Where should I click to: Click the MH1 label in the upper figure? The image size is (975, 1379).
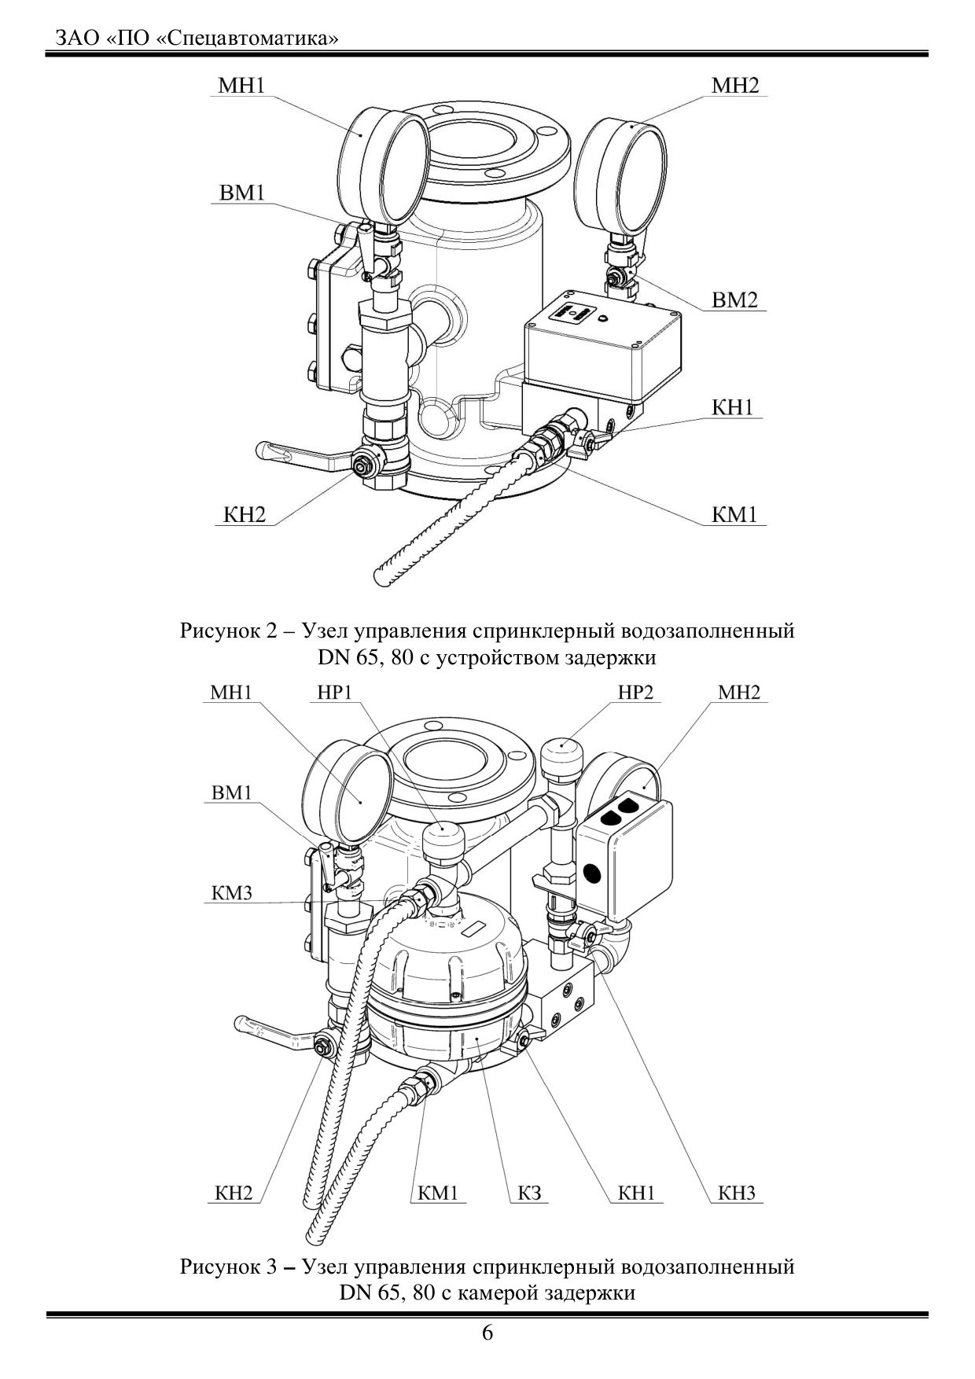[241, 86]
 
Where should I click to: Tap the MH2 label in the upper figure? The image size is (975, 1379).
[735, 86]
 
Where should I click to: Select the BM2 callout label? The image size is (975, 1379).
[734, 300]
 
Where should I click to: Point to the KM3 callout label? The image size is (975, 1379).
[231, 893]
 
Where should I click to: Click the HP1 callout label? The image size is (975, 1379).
[334, 693]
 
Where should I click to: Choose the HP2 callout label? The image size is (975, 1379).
[635, 693]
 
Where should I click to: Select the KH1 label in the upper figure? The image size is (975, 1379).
[733, 407]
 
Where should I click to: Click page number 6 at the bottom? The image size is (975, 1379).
[487, 1333]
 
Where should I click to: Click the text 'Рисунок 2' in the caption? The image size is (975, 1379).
[229, 631]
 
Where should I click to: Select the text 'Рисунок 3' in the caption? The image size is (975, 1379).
[229, 1267]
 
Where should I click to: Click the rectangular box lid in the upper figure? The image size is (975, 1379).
[602, 340]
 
